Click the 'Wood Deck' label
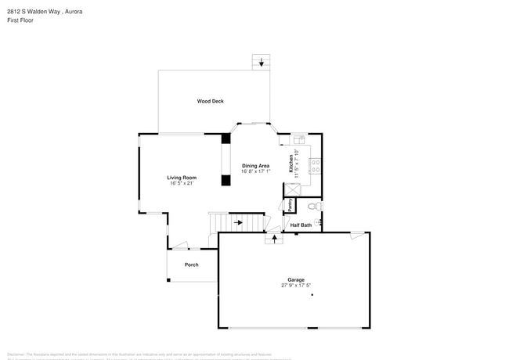tap(210, 101)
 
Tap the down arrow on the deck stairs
tap(262, 64)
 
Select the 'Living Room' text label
tap(182, 178)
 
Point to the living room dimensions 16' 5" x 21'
tap(182, 184)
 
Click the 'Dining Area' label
tap(256, 166)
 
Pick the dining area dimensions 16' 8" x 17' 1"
tap(256, 172)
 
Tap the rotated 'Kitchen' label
tap(291, 164)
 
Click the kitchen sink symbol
tap(298, 140)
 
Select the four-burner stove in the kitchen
tap(315, 166)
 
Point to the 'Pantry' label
tap(290, 205)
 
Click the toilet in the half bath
tap(313, 207)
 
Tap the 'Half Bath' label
tap(301, 225)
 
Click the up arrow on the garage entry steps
tap(274, 238)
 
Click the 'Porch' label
tap(191, 265)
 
